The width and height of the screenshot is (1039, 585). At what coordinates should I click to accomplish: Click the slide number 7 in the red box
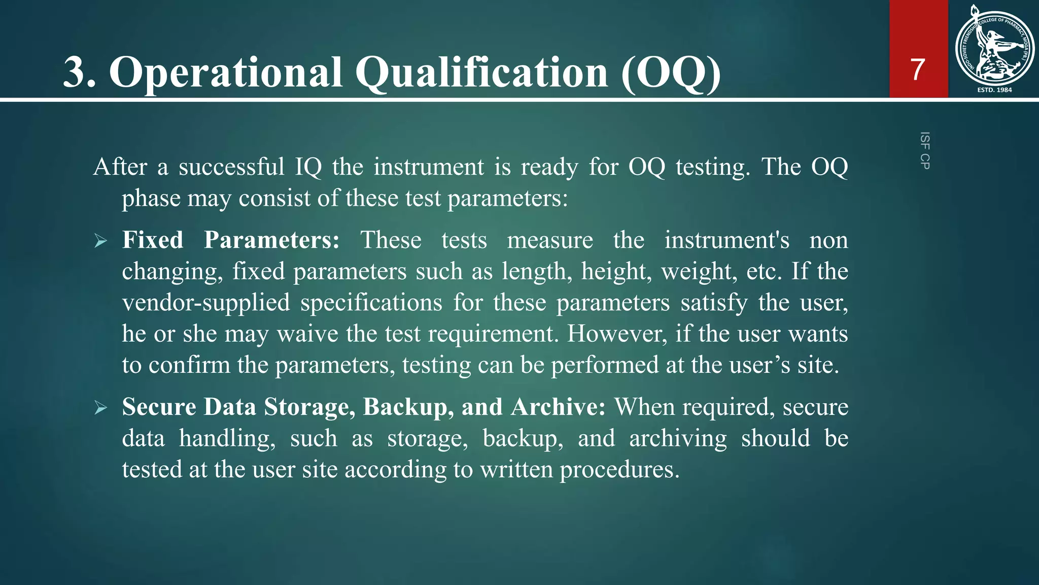917,70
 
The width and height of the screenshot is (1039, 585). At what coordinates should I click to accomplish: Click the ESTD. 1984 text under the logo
994,90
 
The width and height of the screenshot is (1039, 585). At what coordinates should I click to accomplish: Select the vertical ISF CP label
924,150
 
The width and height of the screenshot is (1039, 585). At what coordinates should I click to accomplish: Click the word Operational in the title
226,73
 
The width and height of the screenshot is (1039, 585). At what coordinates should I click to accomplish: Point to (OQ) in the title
671,73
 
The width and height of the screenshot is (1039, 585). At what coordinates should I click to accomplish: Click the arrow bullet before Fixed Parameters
100,241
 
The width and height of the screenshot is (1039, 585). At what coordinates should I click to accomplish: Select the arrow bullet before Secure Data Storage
100,408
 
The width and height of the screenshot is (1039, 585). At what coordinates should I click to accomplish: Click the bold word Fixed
153,240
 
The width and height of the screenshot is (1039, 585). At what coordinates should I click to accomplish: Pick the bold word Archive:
558,407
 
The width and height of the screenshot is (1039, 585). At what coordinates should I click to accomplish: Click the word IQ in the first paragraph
308,167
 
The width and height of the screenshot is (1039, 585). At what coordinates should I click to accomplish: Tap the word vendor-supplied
206,303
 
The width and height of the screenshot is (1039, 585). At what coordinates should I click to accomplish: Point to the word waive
307,334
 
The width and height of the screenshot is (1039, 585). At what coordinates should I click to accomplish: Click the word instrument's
726,240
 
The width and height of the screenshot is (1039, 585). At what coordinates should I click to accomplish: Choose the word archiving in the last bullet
678,438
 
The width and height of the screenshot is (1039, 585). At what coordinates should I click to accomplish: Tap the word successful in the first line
231,167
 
